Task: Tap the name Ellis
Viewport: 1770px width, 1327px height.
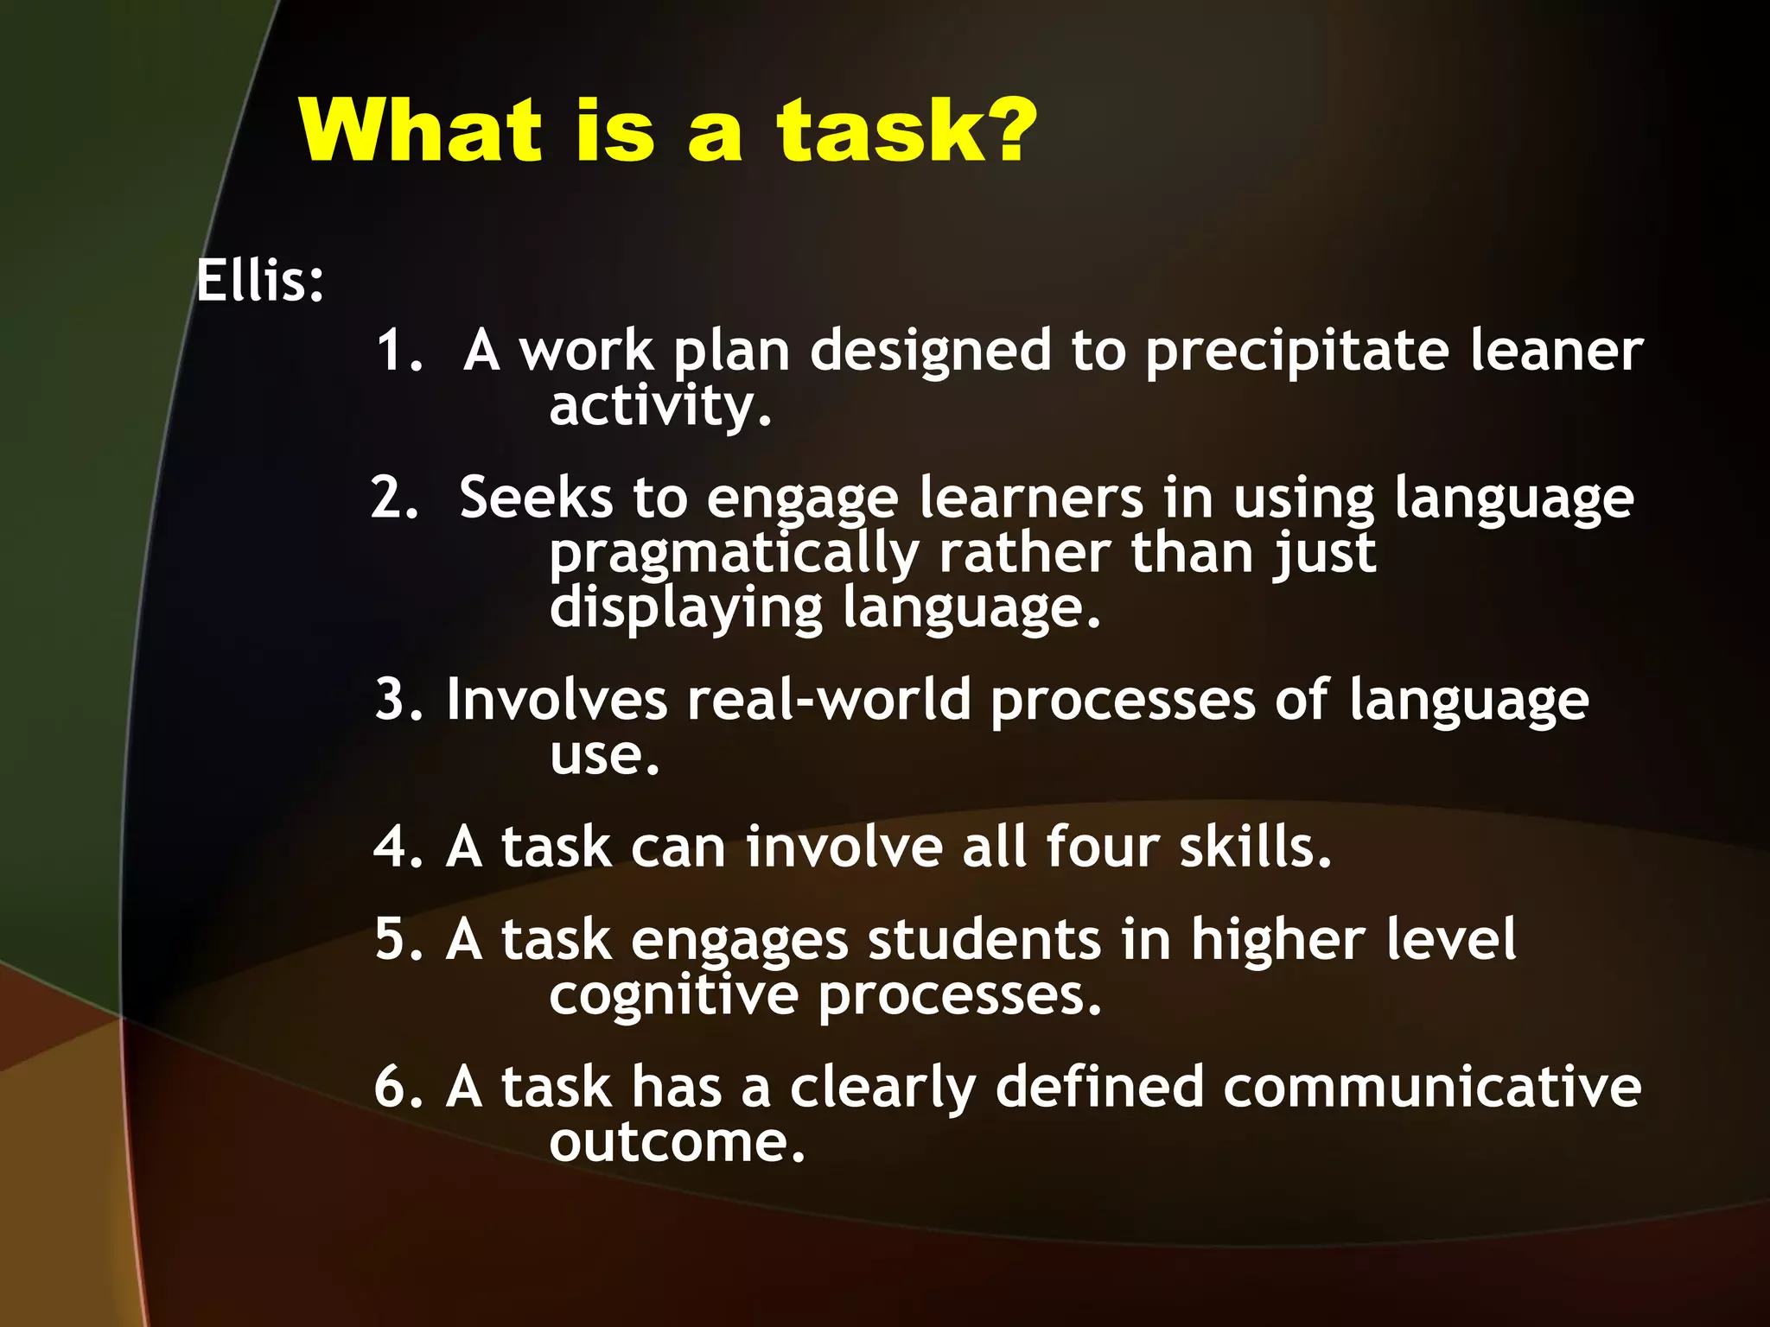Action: pyautogui.click(x=252, y=281)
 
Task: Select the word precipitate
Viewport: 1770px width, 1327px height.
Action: pyautogui.click(x=1296, y=352)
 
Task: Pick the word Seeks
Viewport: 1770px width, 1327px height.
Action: pyautogui.click(x=535, y=498)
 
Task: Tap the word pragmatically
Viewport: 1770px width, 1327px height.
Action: pyautogui.click(x=733, y=555)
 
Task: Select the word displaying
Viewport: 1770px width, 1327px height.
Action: pyautogui.click(x=685, y=609)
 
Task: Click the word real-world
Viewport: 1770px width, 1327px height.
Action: pyautogui.click(x=829, y=700)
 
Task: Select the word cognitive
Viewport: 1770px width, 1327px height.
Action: pyautogui.click(x=673, y=995)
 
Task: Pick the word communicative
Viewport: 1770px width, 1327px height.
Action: pyautogui.click(x=1431, y=1087)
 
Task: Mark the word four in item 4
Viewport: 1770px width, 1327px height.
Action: pyautogui.click(x=1102, y=847)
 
